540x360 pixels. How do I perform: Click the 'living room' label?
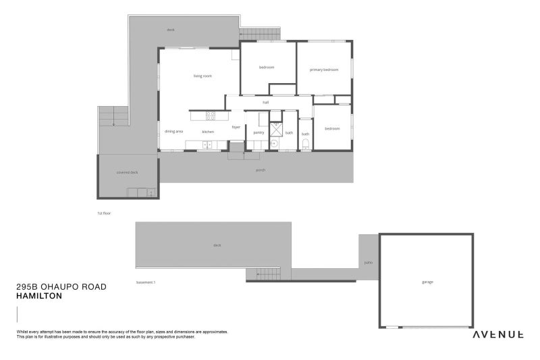point(202,76)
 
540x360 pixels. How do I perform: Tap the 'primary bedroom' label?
point(324,70)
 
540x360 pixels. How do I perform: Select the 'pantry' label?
point(259,132)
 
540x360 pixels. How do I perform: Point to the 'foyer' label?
point(236,127)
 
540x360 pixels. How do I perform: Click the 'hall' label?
point(266,102)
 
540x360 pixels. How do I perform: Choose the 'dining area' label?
point(173,131)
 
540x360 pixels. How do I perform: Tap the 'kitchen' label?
point(208,131)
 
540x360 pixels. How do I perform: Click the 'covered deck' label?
point(127,172)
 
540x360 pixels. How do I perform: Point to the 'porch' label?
point(261,170)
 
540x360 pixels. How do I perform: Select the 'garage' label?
point(427,282)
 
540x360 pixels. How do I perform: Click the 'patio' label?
point(368,262)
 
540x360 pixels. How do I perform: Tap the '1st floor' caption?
point(103,213)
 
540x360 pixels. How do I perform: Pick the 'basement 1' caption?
point(146,282)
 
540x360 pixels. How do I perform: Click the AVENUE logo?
point(498,334)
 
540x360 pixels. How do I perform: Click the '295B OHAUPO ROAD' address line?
point(61,286)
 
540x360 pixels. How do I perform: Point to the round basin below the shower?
point(275,143)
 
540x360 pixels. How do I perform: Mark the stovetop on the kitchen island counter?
point(211,114)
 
